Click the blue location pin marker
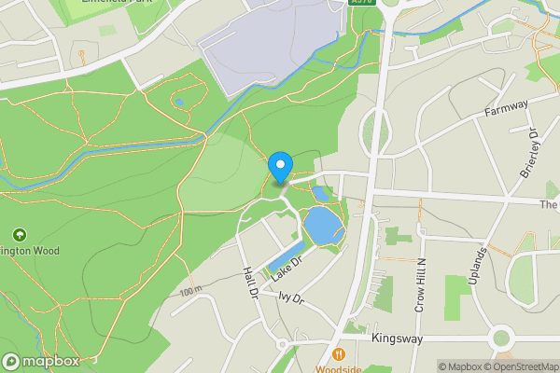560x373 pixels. tap(280, 166)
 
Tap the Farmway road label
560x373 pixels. tap(507, 109)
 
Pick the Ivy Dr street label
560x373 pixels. tap(291, 298)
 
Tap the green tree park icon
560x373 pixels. tap(19, 233)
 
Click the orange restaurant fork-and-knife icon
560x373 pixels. tap(338, 354)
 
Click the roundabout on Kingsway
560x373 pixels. tap(503, 337)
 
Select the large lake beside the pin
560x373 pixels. tap(321, 226)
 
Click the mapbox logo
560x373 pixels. tap(41, 361)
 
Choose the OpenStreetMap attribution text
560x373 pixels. tap(519, 366)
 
